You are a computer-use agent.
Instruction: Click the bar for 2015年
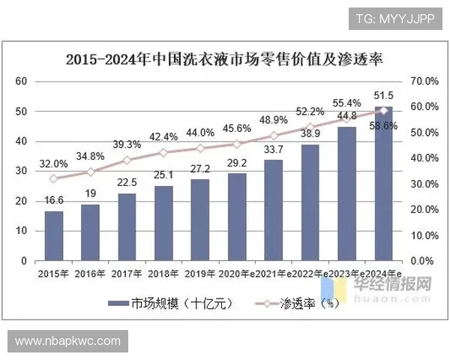click(x=53, y=236)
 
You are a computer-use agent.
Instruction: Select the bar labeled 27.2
click(x=200, y=220)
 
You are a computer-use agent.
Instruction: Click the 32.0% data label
click(x=53, y=163)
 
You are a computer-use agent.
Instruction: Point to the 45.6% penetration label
click(x=237, y=127)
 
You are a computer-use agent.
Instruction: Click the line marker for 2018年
click(x=163, y=152)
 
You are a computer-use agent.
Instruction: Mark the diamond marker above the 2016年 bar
click(x=90, y=172)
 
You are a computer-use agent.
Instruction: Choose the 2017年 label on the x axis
click(x=127, y=274)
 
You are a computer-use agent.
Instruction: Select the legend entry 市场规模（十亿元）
click(x=172, y=304)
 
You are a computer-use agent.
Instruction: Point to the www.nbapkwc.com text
click(x=67, y=341)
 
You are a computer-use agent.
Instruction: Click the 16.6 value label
click(x=53, y=201)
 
